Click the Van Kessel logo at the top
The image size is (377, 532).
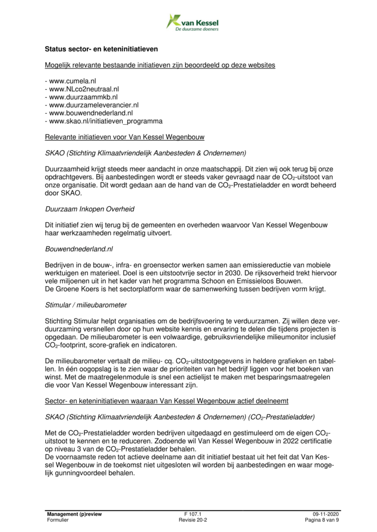[192, 22]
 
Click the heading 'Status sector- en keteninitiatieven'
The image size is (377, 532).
[101, 49]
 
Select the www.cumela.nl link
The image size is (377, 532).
[72, 81]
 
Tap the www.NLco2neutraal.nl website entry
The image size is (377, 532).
[85, 89]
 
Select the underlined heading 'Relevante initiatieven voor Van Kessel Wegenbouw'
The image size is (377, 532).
[125, 137]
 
